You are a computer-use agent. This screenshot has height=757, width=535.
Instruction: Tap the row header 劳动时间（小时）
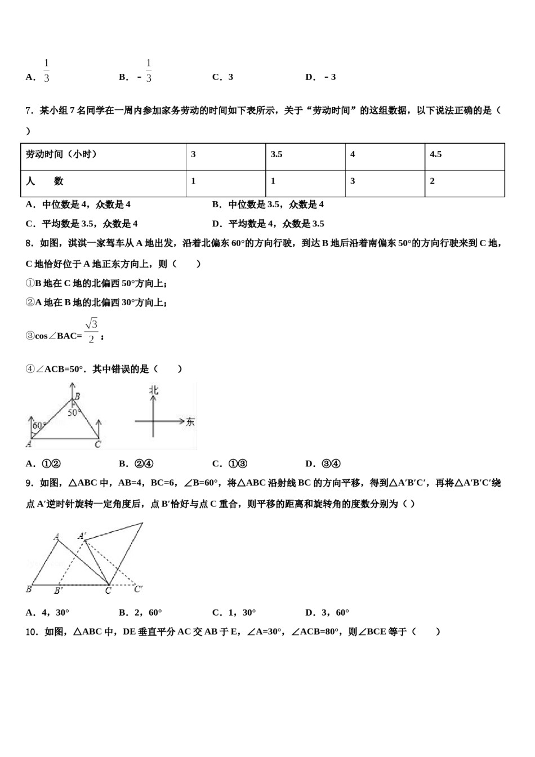(61, 154)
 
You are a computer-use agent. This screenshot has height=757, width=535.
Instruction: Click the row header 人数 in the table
(44, 181)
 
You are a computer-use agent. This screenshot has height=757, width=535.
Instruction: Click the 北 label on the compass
(153, 390)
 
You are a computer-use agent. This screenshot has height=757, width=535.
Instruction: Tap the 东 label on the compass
(190, 421)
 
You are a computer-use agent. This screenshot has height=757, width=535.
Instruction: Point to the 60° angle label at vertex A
(38, 426)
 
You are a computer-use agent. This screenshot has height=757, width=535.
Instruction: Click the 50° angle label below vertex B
(74, 413)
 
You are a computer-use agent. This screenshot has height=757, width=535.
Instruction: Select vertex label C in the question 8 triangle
(97, 445)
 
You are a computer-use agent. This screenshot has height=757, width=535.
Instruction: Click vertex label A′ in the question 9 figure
(82, 536)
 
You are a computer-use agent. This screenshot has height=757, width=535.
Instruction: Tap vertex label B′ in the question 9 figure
(58, 590)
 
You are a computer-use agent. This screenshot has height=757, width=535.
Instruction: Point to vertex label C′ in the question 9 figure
(138, 589)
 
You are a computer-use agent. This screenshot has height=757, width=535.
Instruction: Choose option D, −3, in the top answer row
(320, 77)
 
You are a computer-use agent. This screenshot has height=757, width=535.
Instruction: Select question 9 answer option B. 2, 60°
(140, 613)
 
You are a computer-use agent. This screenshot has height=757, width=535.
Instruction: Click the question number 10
(32, 632)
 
